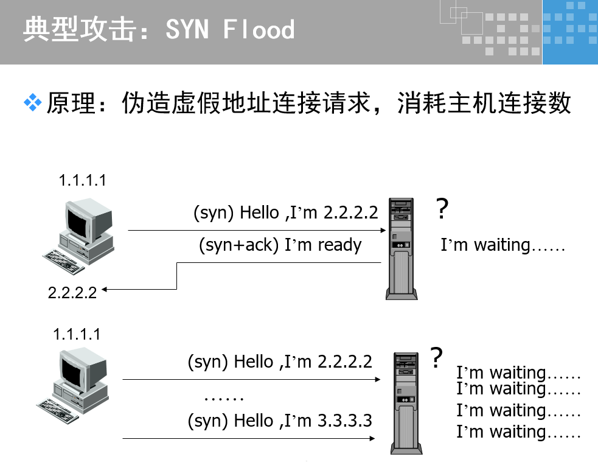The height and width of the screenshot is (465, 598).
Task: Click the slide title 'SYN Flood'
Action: pyautogui.click(x=230, y=29)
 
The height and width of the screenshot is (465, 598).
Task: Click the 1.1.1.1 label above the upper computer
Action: pyautogui.click(x=82, y=180)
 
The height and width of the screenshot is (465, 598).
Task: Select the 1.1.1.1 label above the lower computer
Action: pyautogui.click(x=77, y=334)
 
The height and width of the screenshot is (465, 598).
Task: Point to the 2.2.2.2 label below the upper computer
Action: pyautogui.click(x=72, y=292)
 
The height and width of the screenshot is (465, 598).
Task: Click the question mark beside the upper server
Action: pyautogui.click(x=442, y=209)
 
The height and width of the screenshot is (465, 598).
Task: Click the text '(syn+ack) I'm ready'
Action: pyautogui.click(x=280, y=245)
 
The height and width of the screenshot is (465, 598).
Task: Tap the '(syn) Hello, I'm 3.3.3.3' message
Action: pyautogui.click(x=280, y=421)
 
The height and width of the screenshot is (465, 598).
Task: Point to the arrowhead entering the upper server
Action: pyautogui.click(x=383, y=231)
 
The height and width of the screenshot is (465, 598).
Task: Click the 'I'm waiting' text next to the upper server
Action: pyautogui.click(x=503, y=245)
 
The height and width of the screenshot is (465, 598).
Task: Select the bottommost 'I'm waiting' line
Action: pyautogui.click(x=518, y=432)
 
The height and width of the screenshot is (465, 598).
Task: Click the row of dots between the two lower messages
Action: pyautogui.click(x=224, y=399)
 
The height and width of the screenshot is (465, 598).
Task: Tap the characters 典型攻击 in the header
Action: pyautogui.click(x=78, y=29)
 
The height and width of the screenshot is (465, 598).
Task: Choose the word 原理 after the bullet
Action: pyautogui.click(x=71, y=103)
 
